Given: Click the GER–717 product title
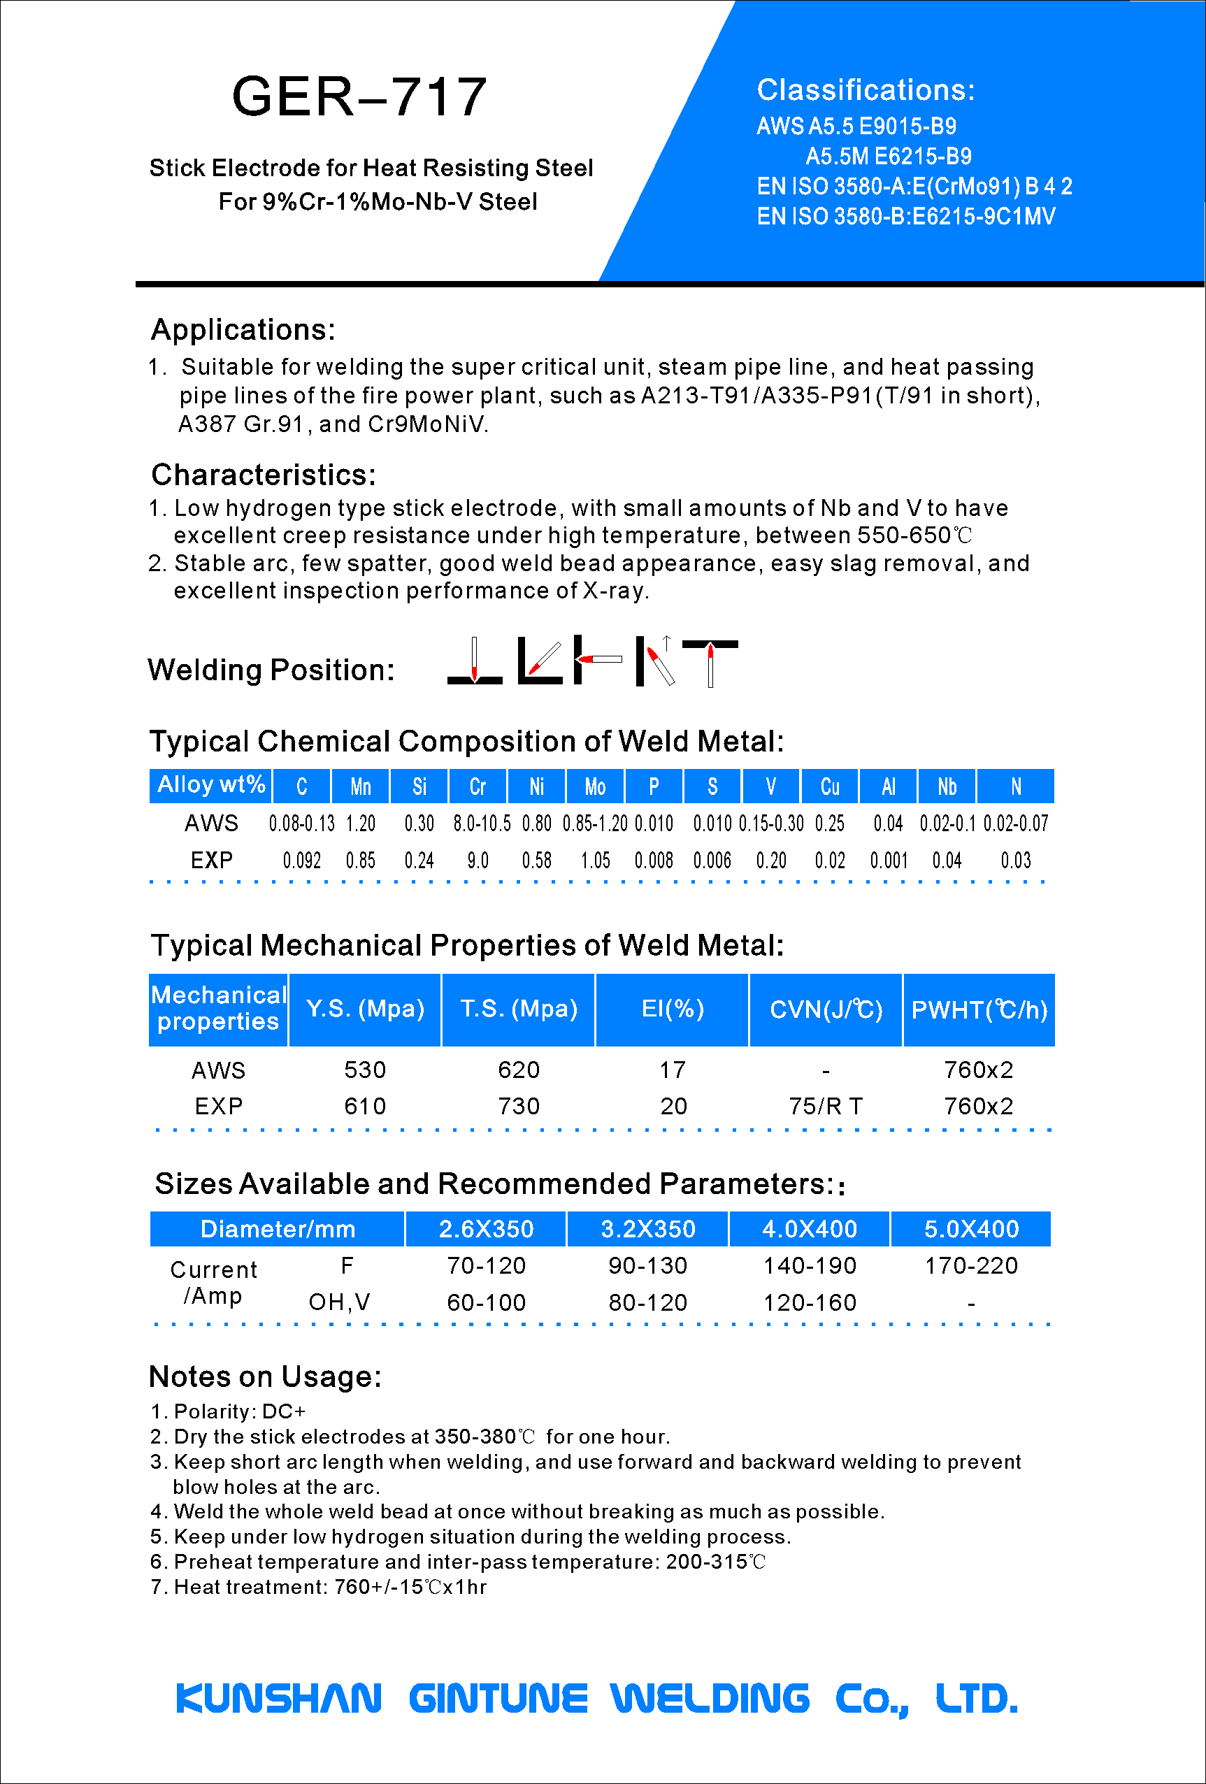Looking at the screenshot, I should (359, 96).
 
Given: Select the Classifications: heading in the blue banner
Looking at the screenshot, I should (865, 91).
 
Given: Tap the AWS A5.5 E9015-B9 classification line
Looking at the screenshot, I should (856, 126).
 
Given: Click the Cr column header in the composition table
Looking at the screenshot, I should (478, 786).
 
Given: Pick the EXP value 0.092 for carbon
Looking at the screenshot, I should (302, 861).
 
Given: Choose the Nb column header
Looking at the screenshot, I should (947, 786).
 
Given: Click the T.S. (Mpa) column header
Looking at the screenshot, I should (518, 1009).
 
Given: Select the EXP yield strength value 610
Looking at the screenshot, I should (365, 1106).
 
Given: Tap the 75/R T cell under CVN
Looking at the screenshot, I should (825, 1106).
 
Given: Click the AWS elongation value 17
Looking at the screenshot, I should (673, 1070).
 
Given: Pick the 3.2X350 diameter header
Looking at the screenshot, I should (647, 1229).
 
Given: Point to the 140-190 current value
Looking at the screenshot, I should (809, 1266).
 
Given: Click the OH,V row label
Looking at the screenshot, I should (339, 1302).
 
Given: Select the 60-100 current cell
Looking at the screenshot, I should (486, 1302).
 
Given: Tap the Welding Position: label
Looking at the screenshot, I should (271, 670).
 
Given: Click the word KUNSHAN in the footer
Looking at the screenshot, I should (279, 1698).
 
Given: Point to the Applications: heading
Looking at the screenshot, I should (243, 329).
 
